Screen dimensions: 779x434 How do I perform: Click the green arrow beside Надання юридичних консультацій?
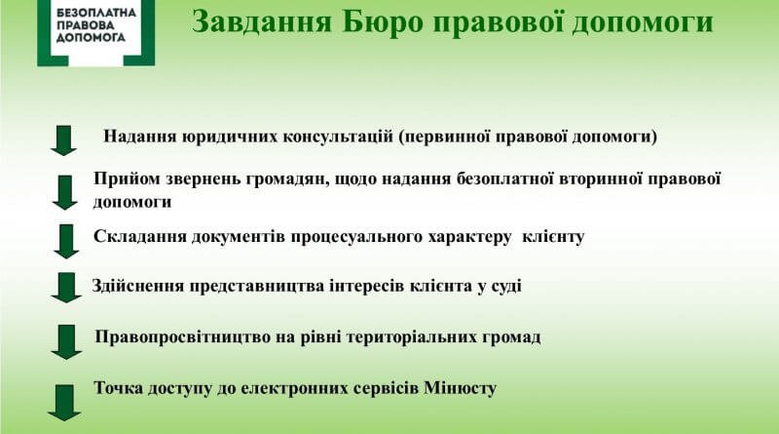pos(63,140)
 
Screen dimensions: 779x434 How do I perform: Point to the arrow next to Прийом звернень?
pos(64,192)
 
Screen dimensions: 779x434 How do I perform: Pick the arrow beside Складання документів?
pos(66,242)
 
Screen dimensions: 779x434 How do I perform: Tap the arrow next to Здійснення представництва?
pos(66,288)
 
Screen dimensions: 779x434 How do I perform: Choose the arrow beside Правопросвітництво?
pos(66,342)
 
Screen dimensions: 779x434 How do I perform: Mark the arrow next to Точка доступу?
pos(64,403)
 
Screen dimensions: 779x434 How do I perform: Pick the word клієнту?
pos(553,236)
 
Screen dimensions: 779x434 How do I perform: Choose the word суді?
pos(506,286)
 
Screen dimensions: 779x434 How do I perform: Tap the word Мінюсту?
pos(460,388)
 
